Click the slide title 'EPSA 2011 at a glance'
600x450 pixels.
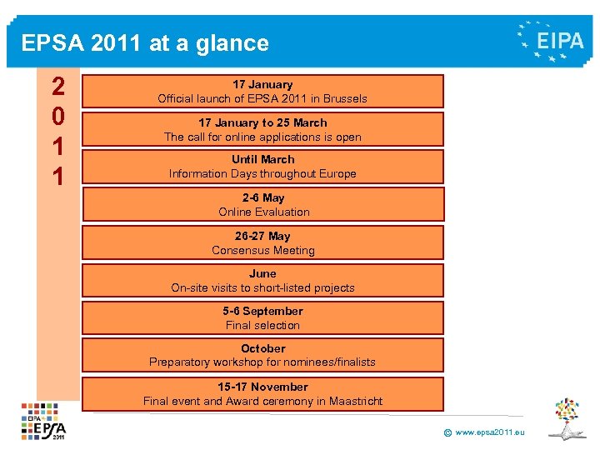(x=145, y=43)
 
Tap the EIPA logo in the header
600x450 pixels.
(x=551, y=40)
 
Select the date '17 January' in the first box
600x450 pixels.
(x=262, y=84)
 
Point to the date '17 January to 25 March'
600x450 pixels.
(x=262, y=122)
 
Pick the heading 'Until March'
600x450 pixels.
(x=262, y=159)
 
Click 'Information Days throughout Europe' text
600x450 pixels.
(x=262, y=173)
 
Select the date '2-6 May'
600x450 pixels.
(x=262, y=197)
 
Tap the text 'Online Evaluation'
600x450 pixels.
(x=263, y=212)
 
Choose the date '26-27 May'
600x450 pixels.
(x=262, y=236)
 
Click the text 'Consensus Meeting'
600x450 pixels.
(x=263, y=250)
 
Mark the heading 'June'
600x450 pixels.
(x=262, y=273)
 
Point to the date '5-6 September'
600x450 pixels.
(x=262, y=311)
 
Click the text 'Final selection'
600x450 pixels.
(x=262, y=325)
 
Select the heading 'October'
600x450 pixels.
(x=262, y=348)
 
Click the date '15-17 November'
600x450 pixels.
(x=262, y=387)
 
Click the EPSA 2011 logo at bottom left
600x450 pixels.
(x=44, y=422)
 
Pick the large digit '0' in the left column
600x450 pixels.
(x=58, y=115)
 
